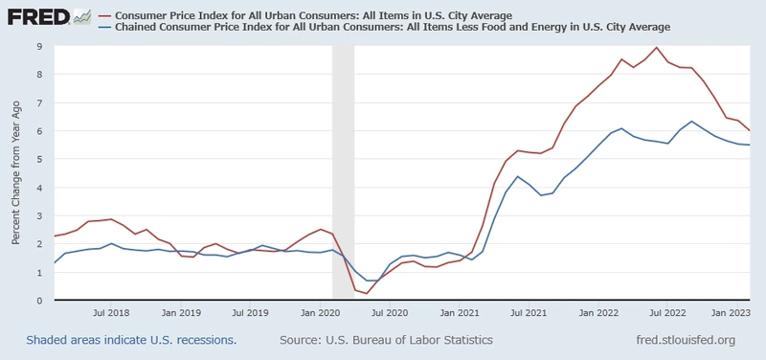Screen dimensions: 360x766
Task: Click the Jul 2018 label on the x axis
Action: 112,313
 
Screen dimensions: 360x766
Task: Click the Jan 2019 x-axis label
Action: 181,313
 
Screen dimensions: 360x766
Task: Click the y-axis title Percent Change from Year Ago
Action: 16,173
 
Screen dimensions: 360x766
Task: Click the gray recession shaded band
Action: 343,172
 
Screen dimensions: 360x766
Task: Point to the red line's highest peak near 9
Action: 656,48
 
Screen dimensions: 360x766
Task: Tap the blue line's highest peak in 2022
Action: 691,122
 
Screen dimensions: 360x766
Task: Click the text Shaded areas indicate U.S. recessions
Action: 131,340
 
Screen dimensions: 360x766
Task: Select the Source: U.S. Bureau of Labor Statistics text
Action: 386,340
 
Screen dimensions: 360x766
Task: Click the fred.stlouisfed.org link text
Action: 686,340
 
